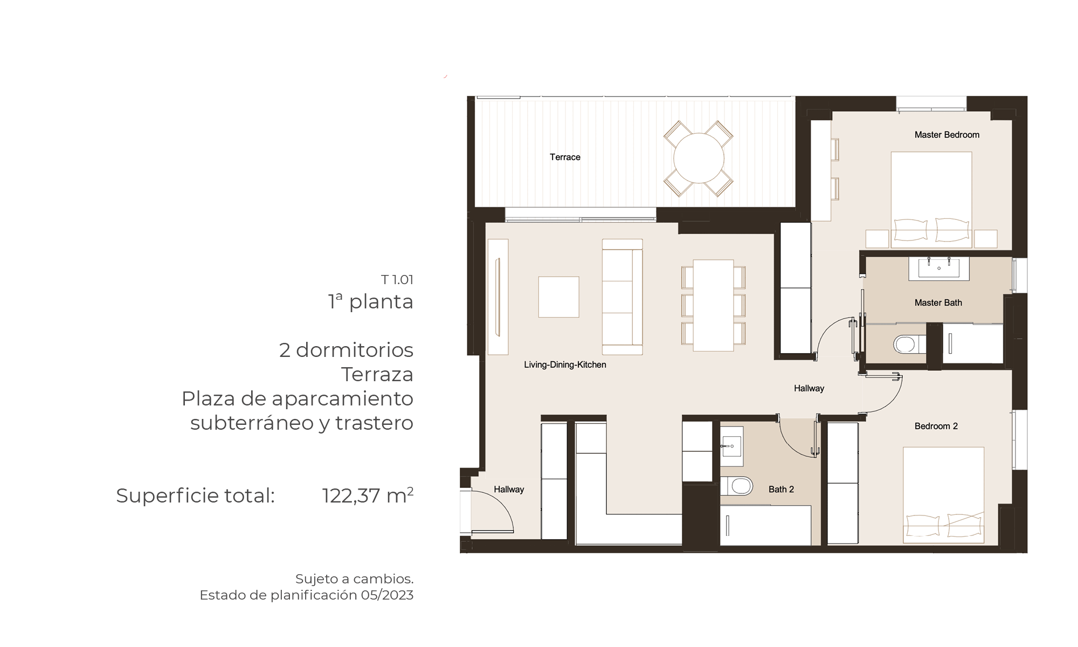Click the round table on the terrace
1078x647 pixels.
(x=699, y=158)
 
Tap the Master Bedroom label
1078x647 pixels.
(x=947, y=135)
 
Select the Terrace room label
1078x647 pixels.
(x=565, y=157)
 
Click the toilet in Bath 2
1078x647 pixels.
(x=737, y=486)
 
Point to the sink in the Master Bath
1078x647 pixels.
(x=939, y=269)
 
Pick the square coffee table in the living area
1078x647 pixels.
(x=558, y=297)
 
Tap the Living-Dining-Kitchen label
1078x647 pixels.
(x=565, y=365)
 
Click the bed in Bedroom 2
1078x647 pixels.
(x=944, y=494)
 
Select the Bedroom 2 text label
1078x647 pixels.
(x=936, y=426)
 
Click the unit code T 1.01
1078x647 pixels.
(x=397, y=280)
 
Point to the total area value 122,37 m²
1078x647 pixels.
(x=368, y=495)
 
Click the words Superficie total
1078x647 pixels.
(x=196, y=496)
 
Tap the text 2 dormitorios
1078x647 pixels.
(x=346, y=350)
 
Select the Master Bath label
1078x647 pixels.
(x=938, y=303)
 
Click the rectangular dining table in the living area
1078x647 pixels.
(x=713, y=305)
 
